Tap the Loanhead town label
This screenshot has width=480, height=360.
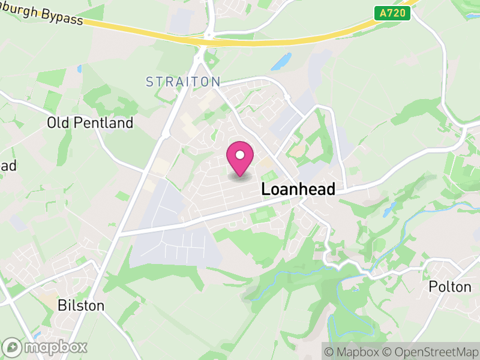(298, 190)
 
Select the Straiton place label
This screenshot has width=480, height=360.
(184, 82)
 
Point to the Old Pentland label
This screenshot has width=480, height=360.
(90, 124)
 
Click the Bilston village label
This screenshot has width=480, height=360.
(80, 306)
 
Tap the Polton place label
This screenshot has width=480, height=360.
(450, 287)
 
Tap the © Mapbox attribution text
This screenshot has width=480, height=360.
(354, 352)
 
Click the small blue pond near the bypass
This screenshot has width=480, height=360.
(280, 61)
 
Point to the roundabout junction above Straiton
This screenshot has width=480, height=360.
(208, 36)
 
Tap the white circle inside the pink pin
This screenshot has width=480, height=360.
(240, 155)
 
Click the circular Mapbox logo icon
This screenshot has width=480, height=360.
(12, 347)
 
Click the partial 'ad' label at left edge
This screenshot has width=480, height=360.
(7, 166)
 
